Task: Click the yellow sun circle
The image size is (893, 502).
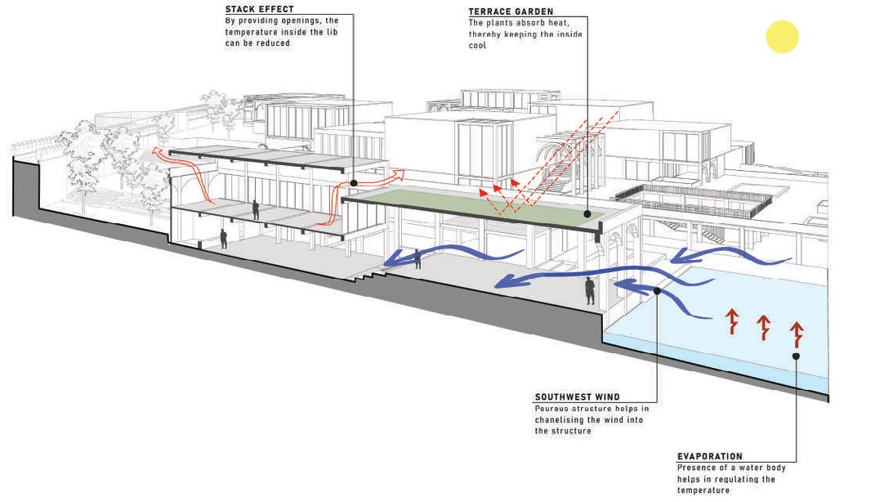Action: pos(782,38)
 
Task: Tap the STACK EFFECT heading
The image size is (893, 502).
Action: pos(259,10)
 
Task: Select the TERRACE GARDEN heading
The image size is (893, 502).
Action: pos(511,12)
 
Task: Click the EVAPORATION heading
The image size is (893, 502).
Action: pos(709,456)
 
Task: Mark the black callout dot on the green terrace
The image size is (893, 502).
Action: pos(587,213)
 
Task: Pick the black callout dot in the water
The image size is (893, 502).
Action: pos(796,356)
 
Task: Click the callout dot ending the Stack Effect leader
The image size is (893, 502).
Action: pos(354,183)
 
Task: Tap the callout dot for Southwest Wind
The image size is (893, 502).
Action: pos(657,289)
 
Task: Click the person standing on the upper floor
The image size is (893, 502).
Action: pos(256,210)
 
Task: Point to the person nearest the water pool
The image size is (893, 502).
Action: pos(589,290)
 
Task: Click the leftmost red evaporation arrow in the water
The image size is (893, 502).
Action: pos(732,321)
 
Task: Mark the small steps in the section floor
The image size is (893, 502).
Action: pos(370,276)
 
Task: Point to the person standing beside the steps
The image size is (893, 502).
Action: pos(418,259)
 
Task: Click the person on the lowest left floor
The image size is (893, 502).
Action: pos(223,239)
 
